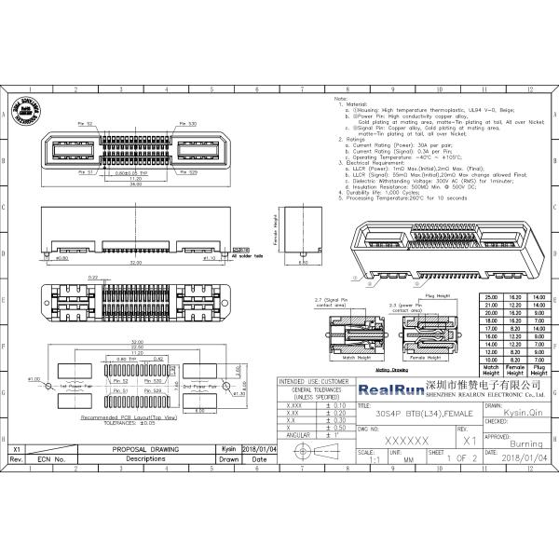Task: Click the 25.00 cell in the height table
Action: pyautogui.click(x=490, y=296)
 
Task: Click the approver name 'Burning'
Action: pyautogui.click(x=526, y=444)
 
